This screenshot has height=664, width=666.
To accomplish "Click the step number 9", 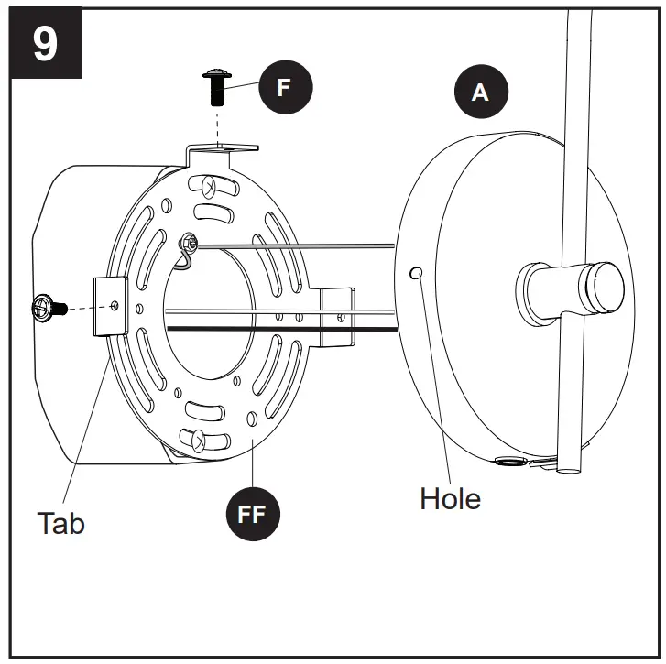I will [44, 43].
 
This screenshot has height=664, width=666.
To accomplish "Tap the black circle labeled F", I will [284, 88].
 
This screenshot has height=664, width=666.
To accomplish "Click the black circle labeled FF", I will [252, 513].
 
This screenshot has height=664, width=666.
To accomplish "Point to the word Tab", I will [60, 523].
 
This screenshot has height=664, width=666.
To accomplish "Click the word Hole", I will [450, 498].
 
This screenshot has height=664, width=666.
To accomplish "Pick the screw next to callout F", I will [217, 87].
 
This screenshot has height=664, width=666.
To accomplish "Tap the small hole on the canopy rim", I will [417, 273].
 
